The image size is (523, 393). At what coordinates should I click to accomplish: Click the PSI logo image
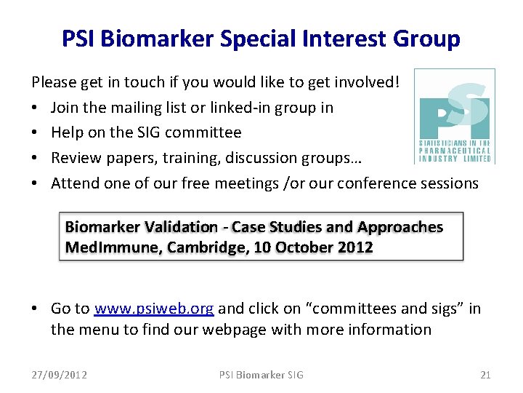coord(455,116)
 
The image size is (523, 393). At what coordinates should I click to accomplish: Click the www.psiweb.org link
coord(154,309)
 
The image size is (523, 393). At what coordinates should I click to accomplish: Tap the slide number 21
coord(485,375)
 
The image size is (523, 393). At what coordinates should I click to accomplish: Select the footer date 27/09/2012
coord(60,375)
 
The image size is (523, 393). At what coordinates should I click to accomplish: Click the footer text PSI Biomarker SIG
coord(261,375)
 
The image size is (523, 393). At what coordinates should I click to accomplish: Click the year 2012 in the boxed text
coord(355,247)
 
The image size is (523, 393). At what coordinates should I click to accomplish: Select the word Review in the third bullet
coord(73,158)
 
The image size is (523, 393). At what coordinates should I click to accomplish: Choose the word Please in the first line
coord(53,82)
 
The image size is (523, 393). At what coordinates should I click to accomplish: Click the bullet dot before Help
coord(36,133)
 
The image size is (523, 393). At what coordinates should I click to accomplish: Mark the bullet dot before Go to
coord(36,309)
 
